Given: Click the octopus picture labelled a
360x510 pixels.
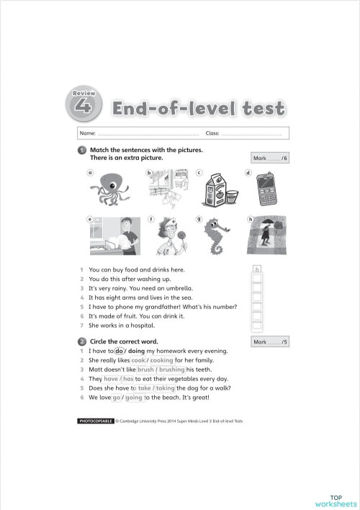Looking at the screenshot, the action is [110, 190].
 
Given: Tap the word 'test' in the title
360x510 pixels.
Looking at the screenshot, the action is [257, 110].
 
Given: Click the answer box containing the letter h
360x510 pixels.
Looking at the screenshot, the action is [257, 270].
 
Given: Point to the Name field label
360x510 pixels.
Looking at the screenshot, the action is [87, 134].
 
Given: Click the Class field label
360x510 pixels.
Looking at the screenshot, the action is [212, 134].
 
